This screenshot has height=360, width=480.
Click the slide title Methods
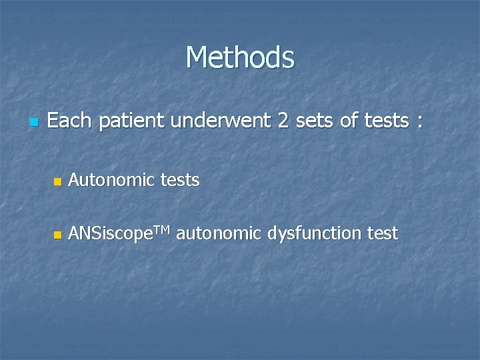coord(240,57)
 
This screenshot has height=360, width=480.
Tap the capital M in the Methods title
coord(198,57)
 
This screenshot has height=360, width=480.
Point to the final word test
coord(383,234)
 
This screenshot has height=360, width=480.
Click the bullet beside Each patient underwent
coord(33,123)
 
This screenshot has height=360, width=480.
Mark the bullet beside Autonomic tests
coord(57,181)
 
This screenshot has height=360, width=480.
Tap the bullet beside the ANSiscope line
coord(57,235)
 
